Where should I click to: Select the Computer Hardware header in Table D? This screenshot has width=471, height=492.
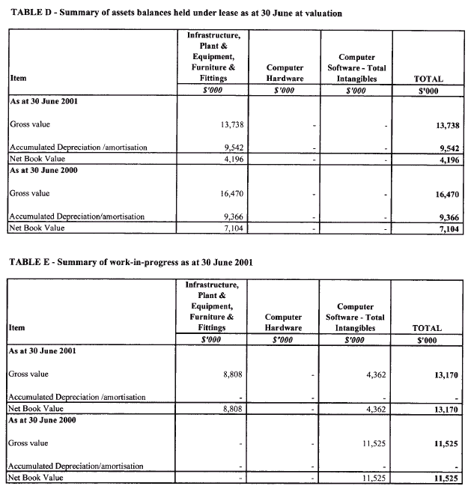[x=285, y=73]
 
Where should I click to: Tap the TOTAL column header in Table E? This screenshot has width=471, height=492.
[x=428, y=328]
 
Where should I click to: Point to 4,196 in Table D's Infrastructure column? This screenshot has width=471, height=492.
[x=228, y=157]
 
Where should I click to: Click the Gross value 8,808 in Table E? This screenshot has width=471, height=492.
[x=228, y=373]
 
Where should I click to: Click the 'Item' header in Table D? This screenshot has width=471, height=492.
[x=19, y=78]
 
